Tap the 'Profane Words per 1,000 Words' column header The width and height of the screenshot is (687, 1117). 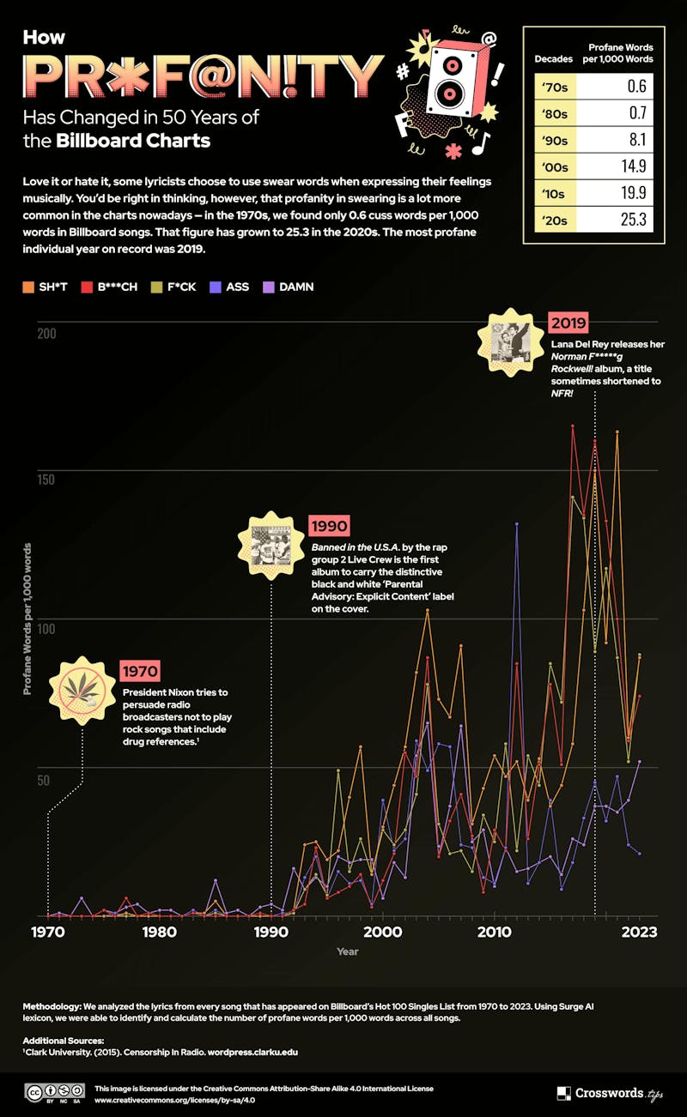620,53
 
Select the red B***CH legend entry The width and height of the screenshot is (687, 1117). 111,287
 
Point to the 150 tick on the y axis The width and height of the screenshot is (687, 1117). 45,479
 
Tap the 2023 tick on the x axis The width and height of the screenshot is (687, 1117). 640,932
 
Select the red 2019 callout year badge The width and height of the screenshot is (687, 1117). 569,323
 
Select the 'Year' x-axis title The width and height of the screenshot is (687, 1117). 348,951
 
